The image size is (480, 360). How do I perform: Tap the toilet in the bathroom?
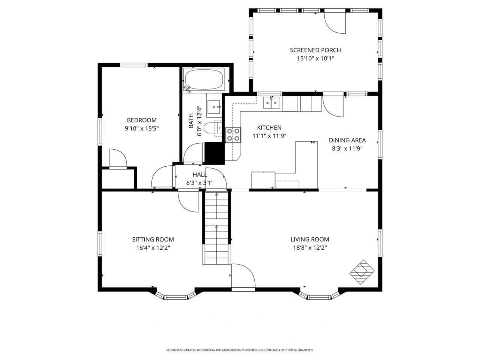[x=213, y=127]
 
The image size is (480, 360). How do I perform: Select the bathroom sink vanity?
[x=215, y=107]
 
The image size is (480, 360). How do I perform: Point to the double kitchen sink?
[x=271, y=102]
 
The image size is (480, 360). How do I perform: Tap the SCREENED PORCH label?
[x=315, y=50]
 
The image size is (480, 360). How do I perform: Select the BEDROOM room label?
[x=141, y=120]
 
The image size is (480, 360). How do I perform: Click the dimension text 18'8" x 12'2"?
[x=310, y=247]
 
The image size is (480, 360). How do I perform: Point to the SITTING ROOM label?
[x=153, y=239]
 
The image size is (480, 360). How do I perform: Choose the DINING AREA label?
[x=347, y=140]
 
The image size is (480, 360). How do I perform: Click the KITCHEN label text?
[x=269, y=127]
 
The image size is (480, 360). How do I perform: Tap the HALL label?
[x=199, y=174]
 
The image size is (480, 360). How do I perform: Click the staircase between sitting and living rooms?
[x=217, y=227]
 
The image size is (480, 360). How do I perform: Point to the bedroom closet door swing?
[x=118, y=158]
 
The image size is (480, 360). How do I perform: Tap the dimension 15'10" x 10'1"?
[x=315, y=58]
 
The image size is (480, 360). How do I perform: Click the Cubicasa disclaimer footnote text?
[x=240, y=350]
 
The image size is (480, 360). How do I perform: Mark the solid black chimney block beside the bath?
[x=214, y=153]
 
